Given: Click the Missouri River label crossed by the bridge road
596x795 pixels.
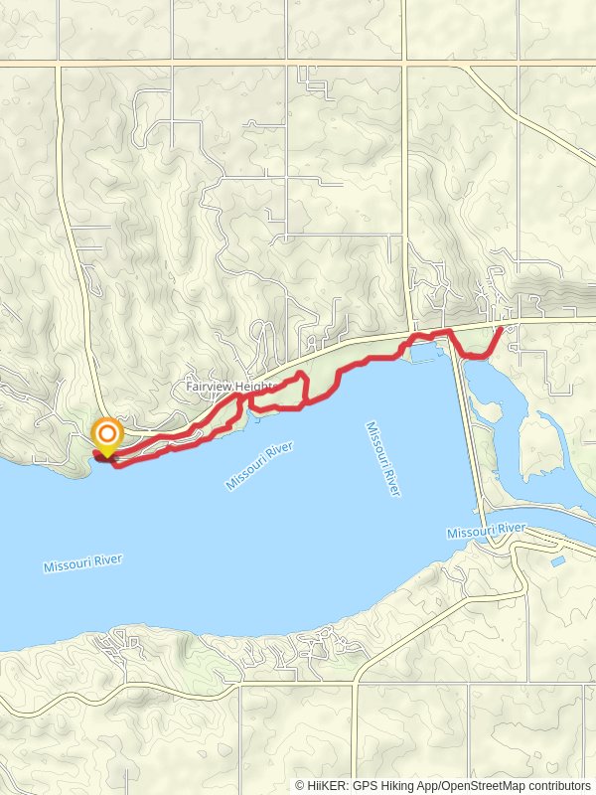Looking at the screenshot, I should pos(485,534).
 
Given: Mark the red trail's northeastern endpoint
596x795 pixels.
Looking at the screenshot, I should pos(501,328).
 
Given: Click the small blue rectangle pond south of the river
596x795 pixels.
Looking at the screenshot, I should pos(557,561).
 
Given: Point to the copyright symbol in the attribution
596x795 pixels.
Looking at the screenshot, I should pos(300,785).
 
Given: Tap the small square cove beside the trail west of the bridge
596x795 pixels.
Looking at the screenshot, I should pos(423,351).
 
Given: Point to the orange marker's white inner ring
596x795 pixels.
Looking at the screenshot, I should pos(106,433).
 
